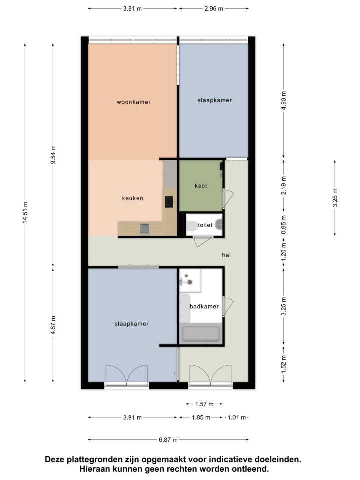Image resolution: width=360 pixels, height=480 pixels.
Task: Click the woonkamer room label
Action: coord(134,102)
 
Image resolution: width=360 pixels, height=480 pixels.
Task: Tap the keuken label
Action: coord(133,198)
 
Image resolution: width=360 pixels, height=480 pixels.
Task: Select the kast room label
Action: coord(201,186)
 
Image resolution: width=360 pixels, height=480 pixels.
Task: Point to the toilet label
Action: coord(205,225)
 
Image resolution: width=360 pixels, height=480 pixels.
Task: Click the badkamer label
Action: coord(204,306)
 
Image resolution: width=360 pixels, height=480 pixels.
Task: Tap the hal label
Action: coord(226,255)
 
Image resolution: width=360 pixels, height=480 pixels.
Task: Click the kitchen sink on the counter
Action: coord(145,229)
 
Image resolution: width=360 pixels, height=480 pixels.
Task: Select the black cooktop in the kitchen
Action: coord(169,202)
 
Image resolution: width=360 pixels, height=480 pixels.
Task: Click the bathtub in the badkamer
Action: coord(201,334)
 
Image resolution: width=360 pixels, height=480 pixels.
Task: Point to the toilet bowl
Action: coord(191,226)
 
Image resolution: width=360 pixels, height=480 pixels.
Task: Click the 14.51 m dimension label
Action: coord(25,212)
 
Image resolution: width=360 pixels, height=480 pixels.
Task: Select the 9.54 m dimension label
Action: coord(53,155)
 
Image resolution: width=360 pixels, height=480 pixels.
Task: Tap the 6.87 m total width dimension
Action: coord(168,440)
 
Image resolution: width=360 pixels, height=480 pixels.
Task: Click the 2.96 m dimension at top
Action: coord(214,9)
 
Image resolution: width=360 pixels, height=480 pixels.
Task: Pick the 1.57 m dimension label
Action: coord(204,404)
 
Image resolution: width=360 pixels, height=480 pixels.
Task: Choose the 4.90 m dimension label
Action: coord(284,100)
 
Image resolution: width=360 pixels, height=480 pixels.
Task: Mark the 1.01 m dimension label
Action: coord(237,417)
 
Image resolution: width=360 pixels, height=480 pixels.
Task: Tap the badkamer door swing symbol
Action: coord(228,306)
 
